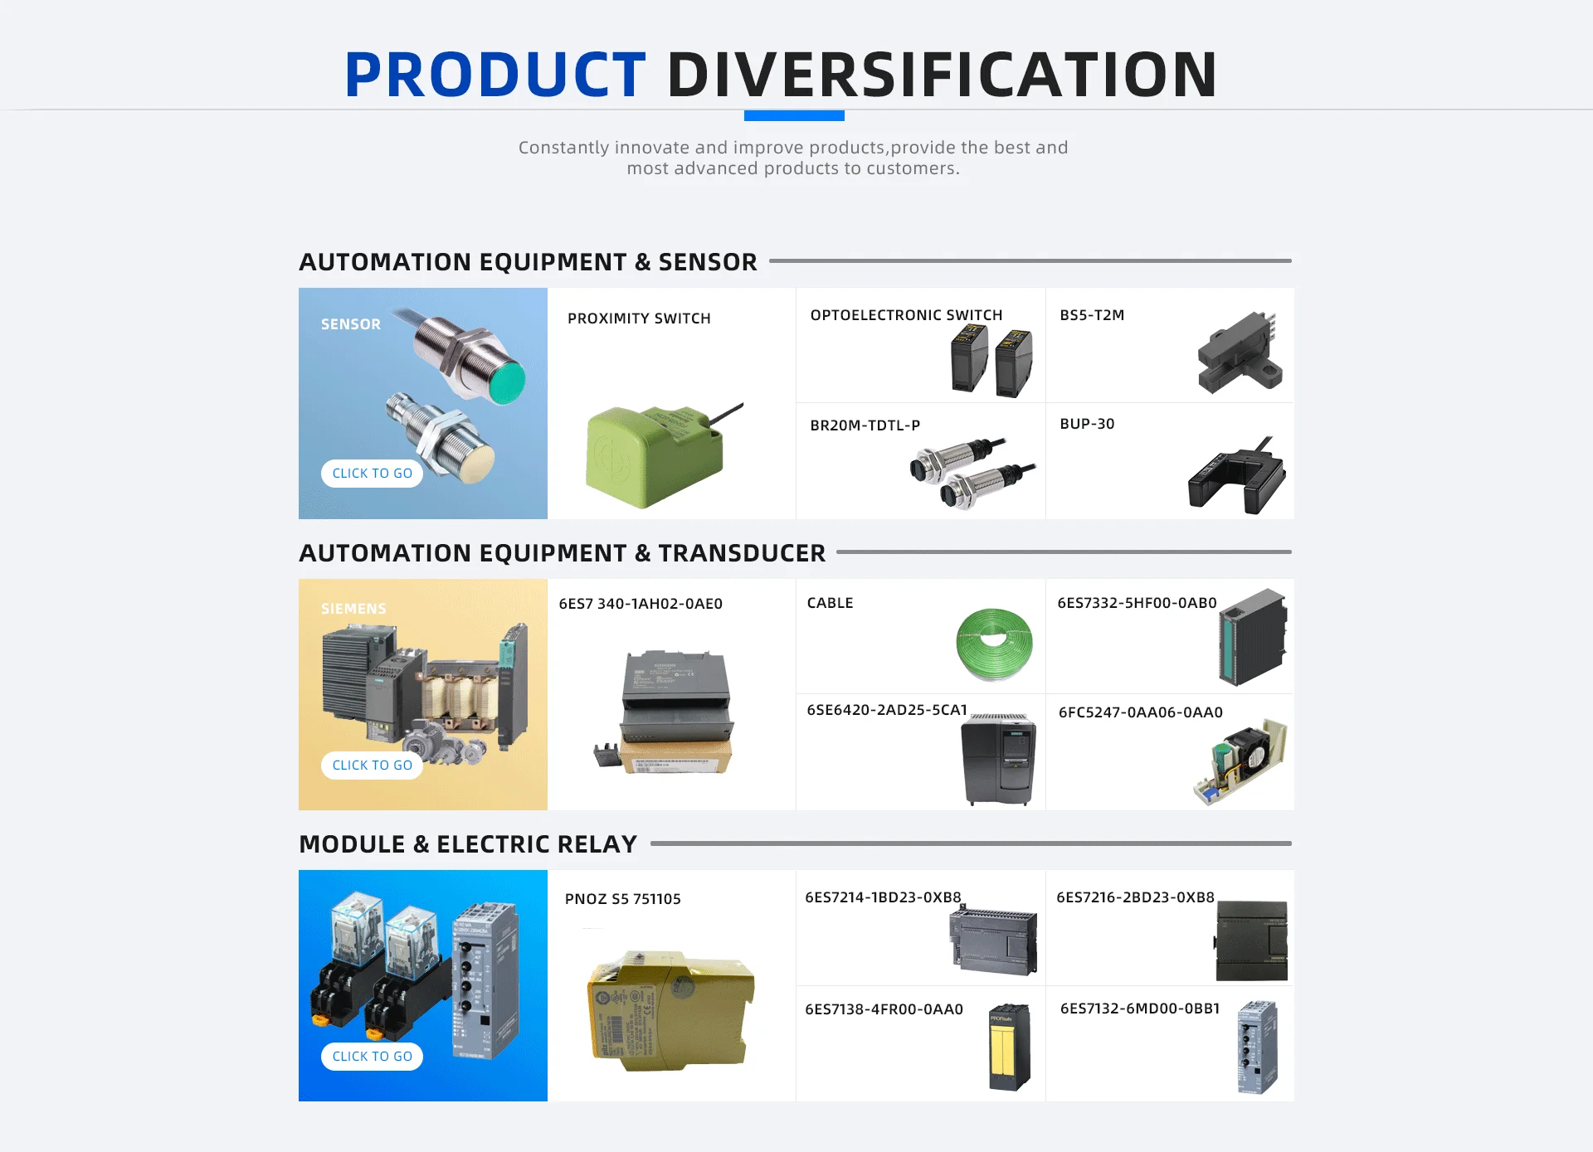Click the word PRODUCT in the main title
494,75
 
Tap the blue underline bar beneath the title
794,116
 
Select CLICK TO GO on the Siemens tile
372,765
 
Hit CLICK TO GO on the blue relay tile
372,1056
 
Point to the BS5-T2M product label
1092,315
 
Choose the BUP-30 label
1087,424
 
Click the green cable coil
994,644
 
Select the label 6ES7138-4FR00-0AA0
884,1009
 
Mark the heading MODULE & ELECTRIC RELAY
468,844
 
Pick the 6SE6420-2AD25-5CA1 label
887,710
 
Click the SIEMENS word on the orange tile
353,609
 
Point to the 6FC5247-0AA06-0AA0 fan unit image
1241,760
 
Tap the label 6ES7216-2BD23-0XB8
1135,897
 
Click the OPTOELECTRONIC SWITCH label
906,315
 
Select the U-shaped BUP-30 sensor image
1236,479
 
